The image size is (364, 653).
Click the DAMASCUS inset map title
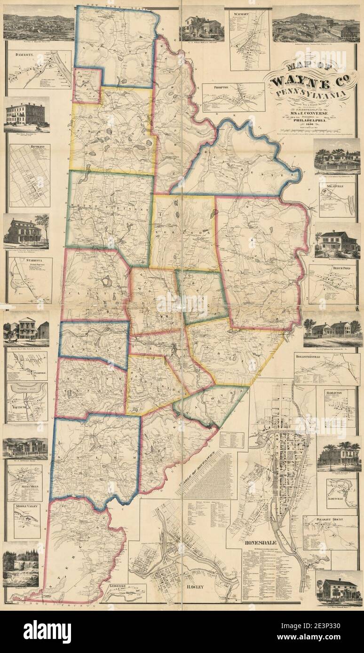(21, 55)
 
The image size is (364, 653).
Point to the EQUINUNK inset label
(18, 403)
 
